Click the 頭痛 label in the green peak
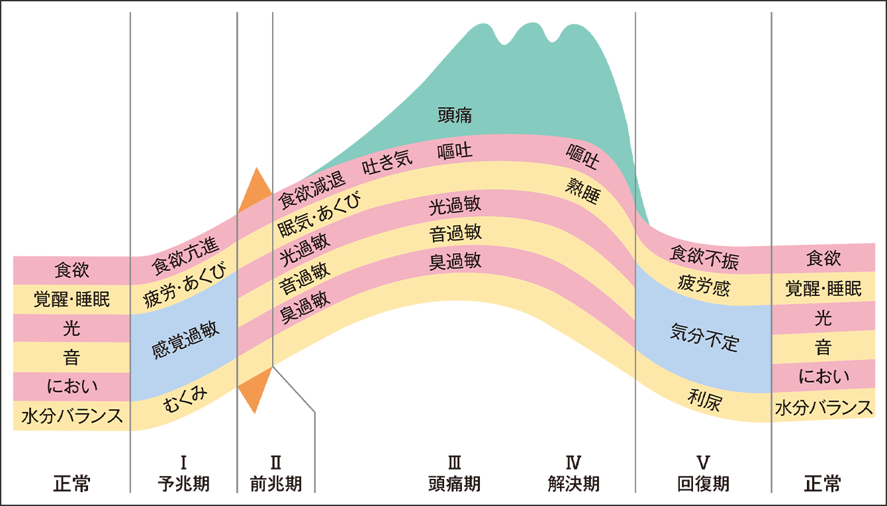click(455, 115)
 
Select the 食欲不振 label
click(704, 257)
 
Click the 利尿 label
click(704, 400)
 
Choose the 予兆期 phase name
click(184, 483)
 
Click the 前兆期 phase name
click(276, 483)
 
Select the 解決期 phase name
click(574, 483)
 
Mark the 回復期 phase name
click(704, 483)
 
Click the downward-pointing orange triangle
click(256, 391)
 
